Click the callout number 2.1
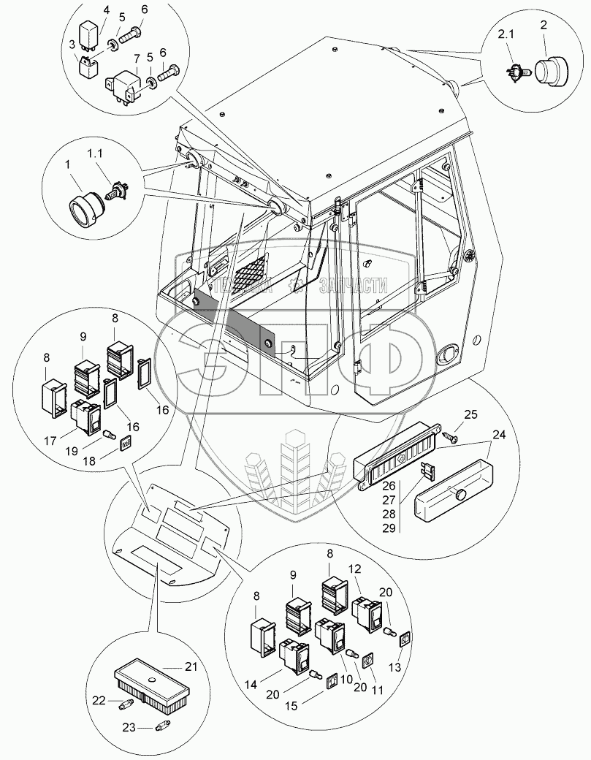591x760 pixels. tap(506, 34)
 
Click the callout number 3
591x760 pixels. tap(72, 45)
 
